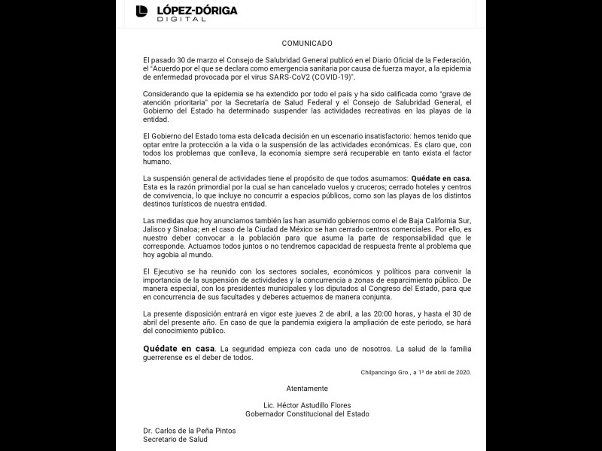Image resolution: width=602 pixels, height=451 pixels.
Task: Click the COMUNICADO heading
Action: pyautogui.click(x=307, y=44)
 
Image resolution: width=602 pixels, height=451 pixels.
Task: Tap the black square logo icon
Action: pyautogui.click(x=141, y=11)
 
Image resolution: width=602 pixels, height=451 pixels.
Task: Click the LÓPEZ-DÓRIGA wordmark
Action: pyautogui.click(x=196, y=10)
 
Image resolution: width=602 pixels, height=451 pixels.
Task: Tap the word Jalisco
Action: pyautogui.click(x=156, y=232)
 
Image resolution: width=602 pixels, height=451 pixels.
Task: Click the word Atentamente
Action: pyautogui.click(x=307, y=388)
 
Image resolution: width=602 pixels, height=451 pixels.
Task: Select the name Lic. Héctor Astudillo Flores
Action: pyautogui.click(x=307, y=405)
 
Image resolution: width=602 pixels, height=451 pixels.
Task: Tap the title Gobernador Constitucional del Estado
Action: pyautogui.click(x=307, y=413)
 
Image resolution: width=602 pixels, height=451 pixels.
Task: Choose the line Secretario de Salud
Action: pyautogui.click(x=175, y=439)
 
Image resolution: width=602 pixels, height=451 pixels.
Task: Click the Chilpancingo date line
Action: pyautogui.click(x=416, y=371)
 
